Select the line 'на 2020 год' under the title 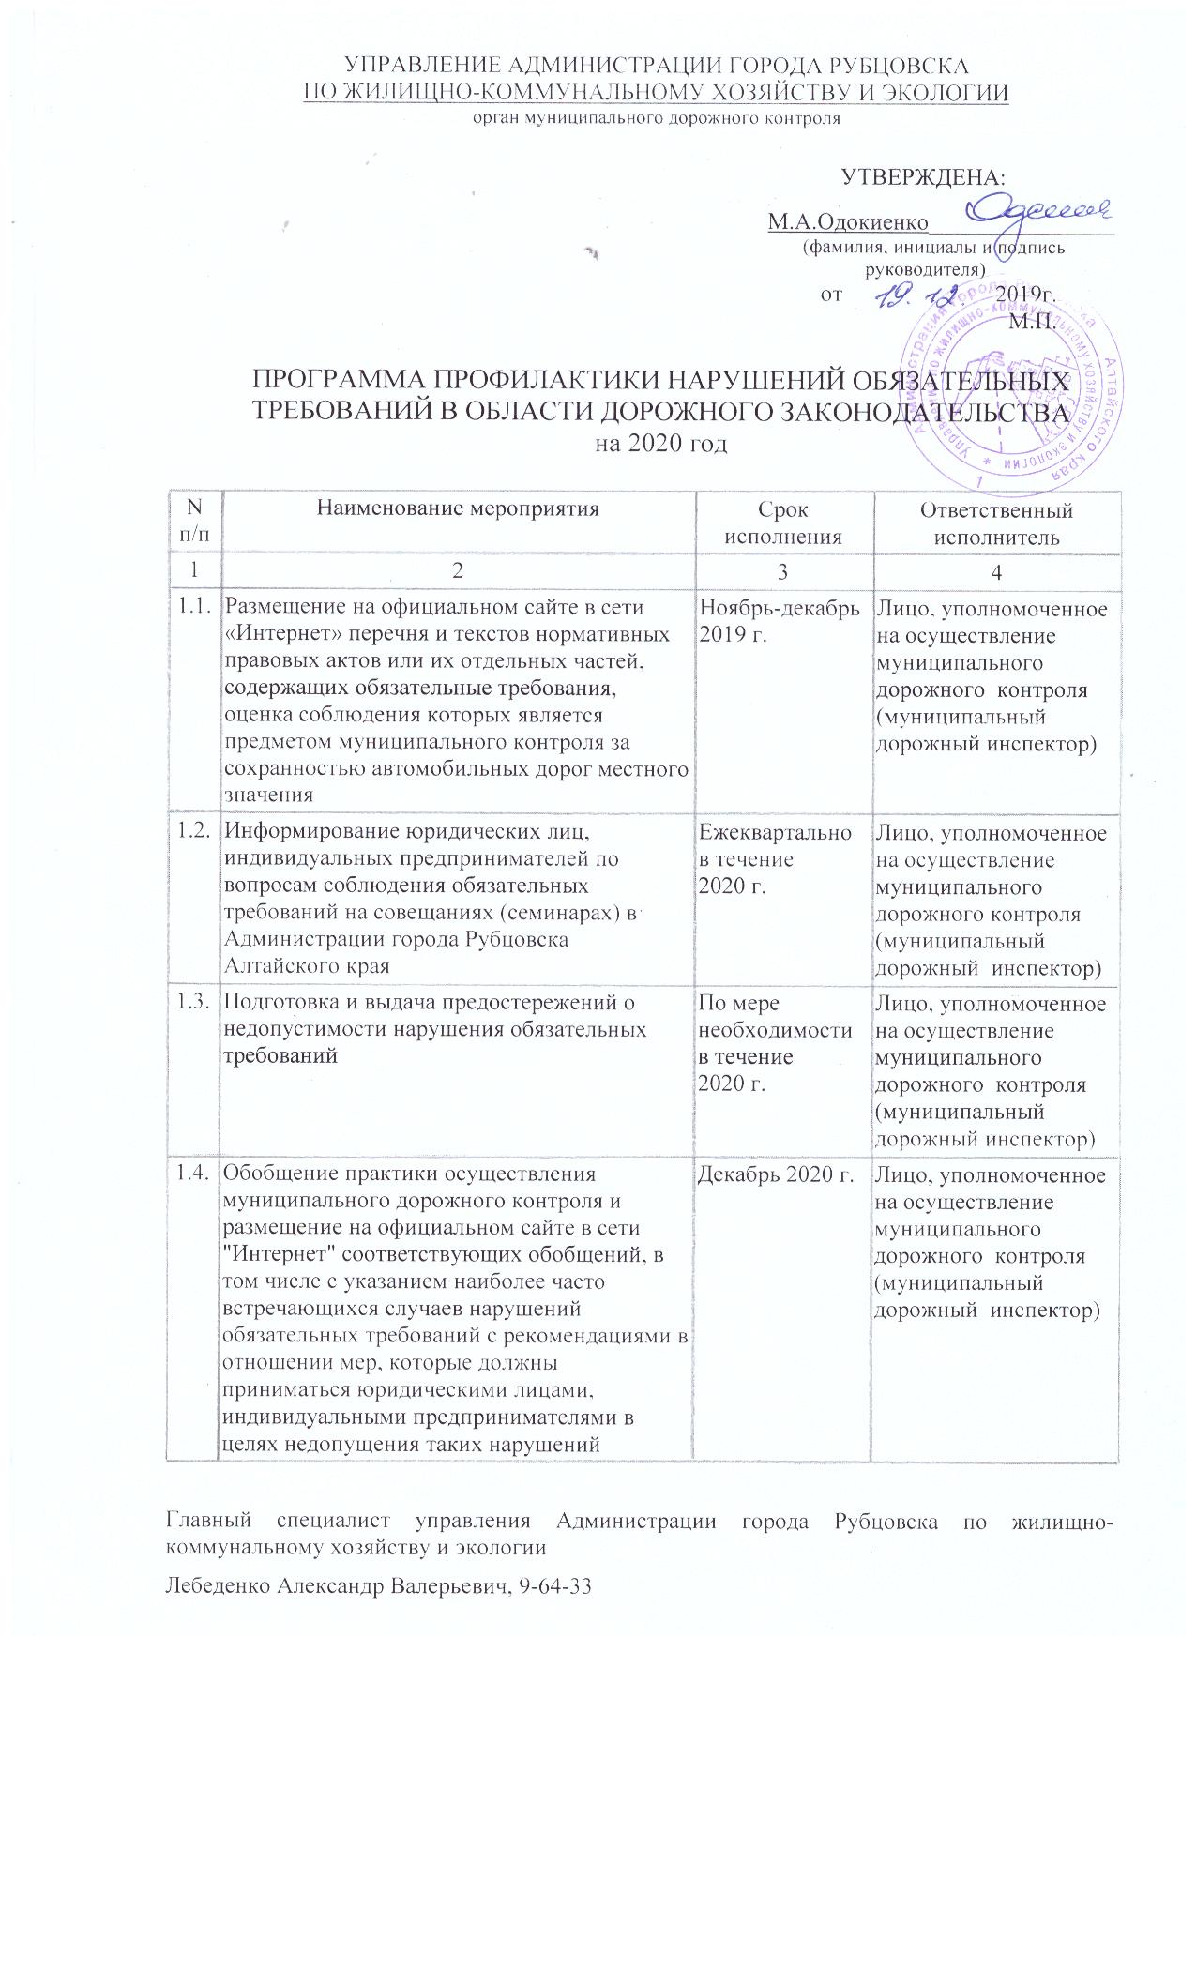pos(663,443)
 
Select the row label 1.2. pos(194,832)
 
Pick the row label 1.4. pos(194,1174)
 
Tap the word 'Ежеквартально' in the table pos(776,833)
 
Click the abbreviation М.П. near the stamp pos(1032,325)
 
